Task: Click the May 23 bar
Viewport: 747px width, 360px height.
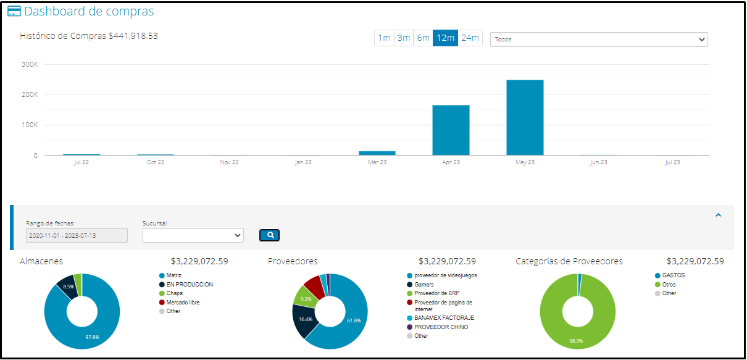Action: point(525,117)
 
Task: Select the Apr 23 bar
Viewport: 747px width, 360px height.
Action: point(451,130)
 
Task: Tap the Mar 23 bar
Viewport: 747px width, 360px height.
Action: point(377,153)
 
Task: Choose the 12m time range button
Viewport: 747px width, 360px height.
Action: point(445,38)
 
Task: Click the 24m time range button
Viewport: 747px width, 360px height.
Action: point(470,38)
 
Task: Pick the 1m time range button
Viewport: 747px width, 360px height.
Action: point(384,38)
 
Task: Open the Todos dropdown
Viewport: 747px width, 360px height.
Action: point(598,40)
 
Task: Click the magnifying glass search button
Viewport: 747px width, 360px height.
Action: point(270,235)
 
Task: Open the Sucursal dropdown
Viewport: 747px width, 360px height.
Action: point(193,235)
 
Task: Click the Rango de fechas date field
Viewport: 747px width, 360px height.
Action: point(77,235)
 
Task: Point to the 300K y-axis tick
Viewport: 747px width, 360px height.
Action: point(29,64)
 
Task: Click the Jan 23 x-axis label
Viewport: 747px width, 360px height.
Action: point(303,162)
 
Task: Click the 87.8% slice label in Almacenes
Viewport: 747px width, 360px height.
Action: point(93,337)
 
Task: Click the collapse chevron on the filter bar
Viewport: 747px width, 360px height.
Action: point(718,215)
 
